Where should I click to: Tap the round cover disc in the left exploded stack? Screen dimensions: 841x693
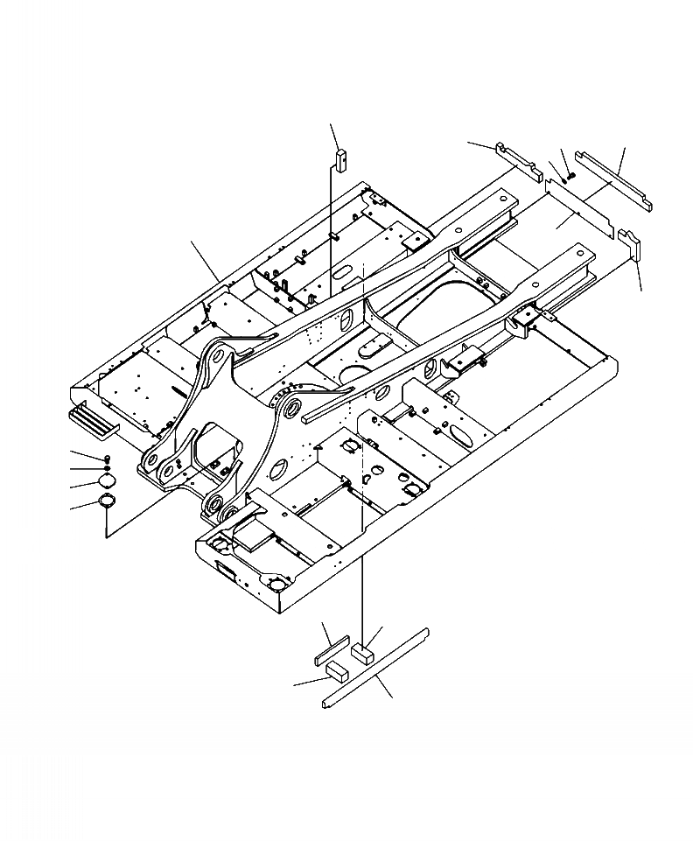click(x=107, y=482)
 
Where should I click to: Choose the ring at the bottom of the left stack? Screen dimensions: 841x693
click(x=107, y=501)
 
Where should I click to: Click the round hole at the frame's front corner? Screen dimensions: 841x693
click(x=276, y=584)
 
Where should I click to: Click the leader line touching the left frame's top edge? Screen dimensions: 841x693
click(x=206, y=261)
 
